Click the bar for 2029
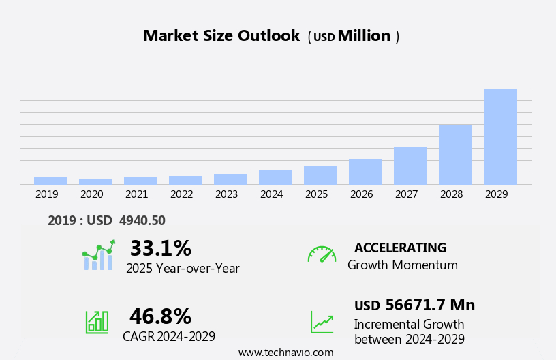[x=500, y=136]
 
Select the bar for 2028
[x=455, y=155]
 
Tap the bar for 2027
[x=410, y=165]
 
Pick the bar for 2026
[x=365, y=171]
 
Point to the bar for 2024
[x=275, y=177]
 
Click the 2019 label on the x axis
[x=47, y=194]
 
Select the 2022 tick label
[x=182, y=194]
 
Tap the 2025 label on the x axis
[x=317, y=194]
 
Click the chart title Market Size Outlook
[x=221, y=36]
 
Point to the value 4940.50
[x=142, y=220]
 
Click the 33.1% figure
[x=160, y=248]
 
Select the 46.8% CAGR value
[x=160, y=316]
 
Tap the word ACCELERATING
[x=400, y=247]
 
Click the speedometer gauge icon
[x=322, y=254]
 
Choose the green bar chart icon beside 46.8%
[x=97, y=321]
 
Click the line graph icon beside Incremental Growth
[x=322, y=322]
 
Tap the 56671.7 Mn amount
[x=430, y=305]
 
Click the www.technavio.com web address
[x=285, y=352]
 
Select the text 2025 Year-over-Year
[x=183, y=269]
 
